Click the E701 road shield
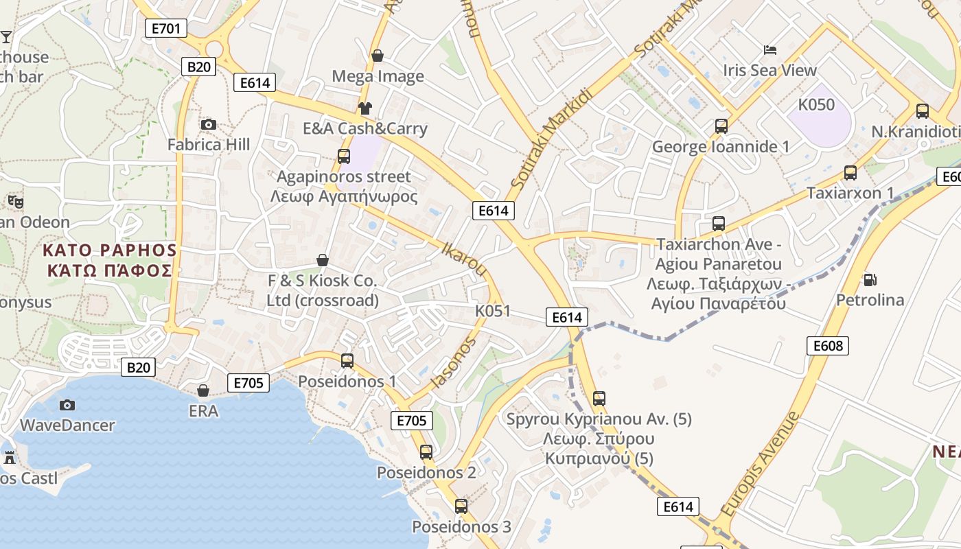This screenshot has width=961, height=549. tap(166, 28)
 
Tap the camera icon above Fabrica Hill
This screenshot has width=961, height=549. tap(209, 124)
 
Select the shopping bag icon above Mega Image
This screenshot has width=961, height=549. tap(377, 56)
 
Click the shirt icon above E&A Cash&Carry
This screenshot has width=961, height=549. tap(364, 108)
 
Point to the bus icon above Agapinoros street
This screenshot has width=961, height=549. tap(343, 156)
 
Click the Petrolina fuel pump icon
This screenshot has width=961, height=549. tap(870, 279)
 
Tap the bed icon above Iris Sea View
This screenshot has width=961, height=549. tap(770, 49)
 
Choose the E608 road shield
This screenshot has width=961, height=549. tap(828, 346)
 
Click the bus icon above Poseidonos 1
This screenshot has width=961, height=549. tap(347, 360)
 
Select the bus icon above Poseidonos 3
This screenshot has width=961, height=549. tap(461, 506)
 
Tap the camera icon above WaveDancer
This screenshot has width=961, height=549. tap(67, 405)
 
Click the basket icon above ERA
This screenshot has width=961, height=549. tap(203, 390)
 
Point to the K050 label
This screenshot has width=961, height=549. tap(816, 105)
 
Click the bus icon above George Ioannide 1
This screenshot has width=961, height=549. tap(721, 126)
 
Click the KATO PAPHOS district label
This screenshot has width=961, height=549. tap(110, 250)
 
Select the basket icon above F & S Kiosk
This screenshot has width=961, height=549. tap(322, 260)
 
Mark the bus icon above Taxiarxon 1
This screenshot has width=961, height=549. tap(850, 173)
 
